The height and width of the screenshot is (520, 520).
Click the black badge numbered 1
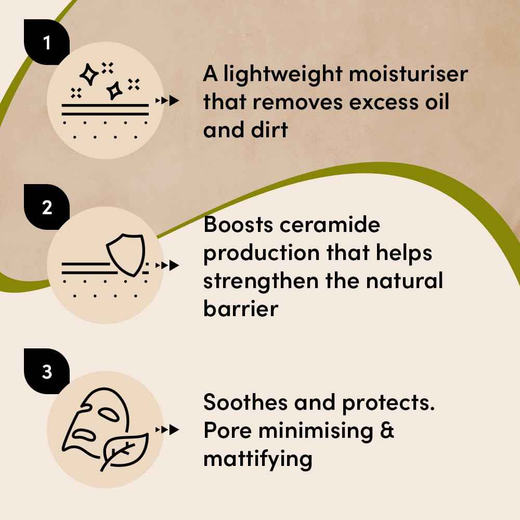point(47,42)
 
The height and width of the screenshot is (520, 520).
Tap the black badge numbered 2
point(47,207)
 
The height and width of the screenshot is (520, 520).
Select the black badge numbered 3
point(47,371)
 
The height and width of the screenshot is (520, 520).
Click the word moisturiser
point(409,74)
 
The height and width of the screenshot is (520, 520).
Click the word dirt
point(269,129)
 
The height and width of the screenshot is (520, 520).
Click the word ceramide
point(330,225)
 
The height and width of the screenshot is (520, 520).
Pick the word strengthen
point(261,281)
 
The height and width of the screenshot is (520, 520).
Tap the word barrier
point(241,308)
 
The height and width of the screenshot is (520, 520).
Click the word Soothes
point(245,402)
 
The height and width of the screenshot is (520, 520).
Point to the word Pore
point(227,431)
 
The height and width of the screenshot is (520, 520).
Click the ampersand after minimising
point(387,431)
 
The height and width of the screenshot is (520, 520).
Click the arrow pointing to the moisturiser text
point(167,100)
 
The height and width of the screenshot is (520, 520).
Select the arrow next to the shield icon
point(167,265)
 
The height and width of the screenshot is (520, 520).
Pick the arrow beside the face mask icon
point(167,430)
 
